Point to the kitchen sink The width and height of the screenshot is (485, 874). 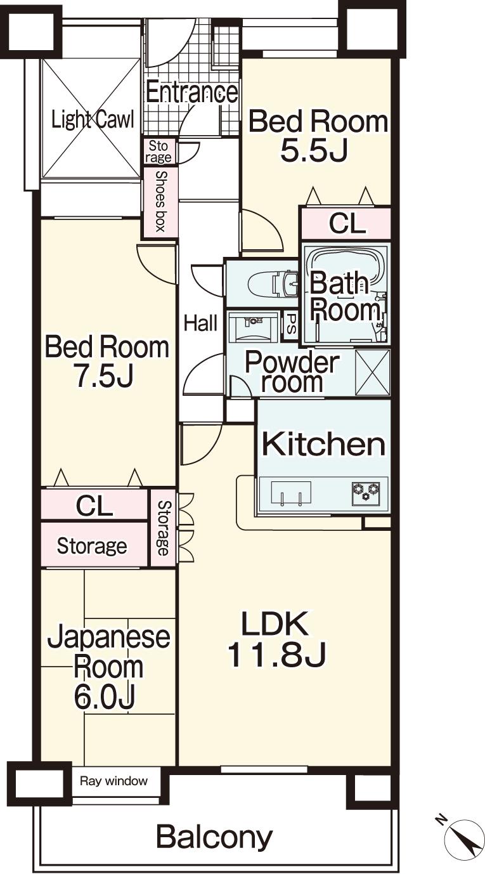(x=291, y=493)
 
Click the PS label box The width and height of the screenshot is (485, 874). (x=290, y=324)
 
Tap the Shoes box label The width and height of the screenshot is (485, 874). (x=160, y=202)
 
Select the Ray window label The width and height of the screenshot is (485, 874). (x=113, y=781)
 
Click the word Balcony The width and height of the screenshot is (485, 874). (x=214, y=837)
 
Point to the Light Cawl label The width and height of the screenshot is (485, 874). (x=93, y=119)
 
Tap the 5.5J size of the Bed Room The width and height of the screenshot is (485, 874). (x=314, y=152)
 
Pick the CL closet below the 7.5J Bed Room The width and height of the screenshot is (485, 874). (x=94, y=505)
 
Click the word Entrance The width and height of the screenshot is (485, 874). (x=191, y=93)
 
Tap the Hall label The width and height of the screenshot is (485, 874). (x=200, y=323)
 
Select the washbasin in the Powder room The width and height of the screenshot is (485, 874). (x=251, y=329)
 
